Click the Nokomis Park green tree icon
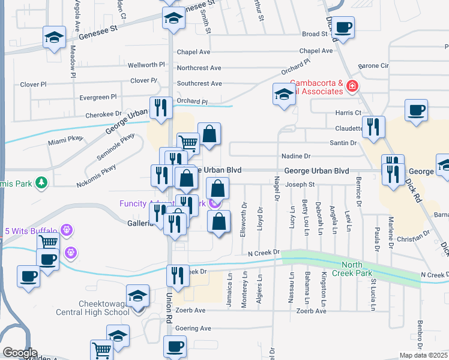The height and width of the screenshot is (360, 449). (41, 181)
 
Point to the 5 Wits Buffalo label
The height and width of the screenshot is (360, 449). (31, 231)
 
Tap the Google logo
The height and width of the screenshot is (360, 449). (20, 353)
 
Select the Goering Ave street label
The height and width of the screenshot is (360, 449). (193, 329)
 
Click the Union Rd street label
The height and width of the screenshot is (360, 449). (169, 308)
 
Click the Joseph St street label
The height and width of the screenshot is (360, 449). (300, 184)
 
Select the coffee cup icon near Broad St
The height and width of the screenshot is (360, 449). (344, 26)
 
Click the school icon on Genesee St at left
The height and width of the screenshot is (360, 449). (54, 38)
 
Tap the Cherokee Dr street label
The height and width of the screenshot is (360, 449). (100, 114)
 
